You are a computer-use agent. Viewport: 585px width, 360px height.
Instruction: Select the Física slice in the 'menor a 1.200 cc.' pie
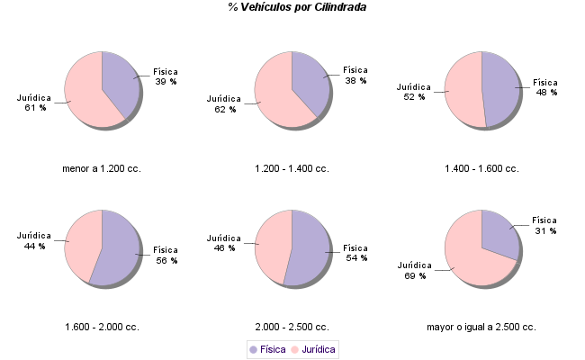(120, 79)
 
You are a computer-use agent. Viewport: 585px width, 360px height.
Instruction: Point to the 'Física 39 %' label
(166, 76)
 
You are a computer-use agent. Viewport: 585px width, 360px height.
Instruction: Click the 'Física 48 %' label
(545, 86)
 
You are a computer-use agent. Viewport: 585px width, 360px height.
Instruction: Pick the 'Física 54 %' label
(356, 253)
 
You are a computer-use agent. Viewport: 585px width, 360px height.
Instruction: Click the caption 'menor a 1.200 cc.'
(102, 168)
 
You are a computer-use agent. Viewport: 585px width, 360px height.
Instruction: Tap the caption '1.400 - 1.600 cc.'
(481, 168)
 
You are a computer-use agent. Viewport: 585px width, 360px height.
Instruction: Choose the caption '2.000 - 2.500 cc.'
(292, 327)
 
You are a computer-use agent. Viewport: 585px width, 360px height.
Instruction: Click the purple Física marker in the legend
(253, 349)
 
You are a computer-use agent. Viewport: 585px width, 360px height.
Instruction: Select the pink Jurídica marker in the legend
(295, 349)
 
